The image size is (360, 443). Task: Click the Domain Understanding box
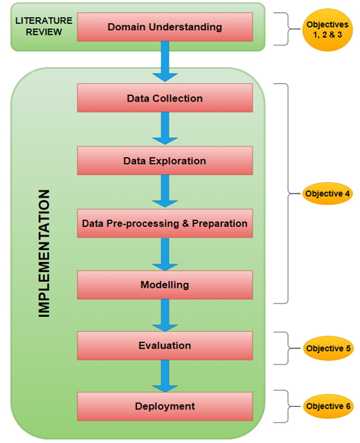point(165,27)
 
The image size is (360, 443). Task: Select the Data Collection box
point(165,98)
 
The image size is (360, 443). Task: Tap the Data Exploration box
point(165,161)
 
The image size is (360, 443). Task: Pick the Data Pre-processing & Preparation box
point(165,223)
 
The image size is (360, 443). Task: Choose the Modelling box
point(165,284)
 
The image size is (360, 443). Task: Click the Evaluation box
point(165,345)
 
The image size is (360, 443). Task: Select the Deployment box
point(165,406)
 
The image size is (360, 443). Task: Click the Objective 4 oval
point(327,194)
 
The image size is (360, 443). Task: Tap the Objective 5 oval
point(327,348)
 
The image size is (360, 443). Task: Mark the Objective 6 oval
point(327,406)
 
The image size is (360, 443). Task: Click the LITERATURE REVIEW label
point(44,26)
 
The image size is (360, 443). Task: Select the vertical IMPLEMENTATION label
point(44,254)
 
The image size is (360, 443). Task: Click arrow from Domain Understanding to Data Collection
point(165,61)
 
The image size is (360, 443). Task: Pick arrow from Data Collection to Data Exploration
point(165,128)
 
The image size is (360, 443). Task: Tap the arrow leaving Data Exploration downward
point(165,191)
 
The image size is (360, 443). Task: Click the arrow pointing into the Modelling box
point(165,254)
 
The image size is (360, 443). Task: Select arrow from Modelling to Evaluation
point(165,315)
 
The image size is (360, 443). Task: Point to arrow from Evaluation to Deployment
point(165,376)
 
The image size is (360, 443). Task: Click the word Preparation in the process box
point(220,224)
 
